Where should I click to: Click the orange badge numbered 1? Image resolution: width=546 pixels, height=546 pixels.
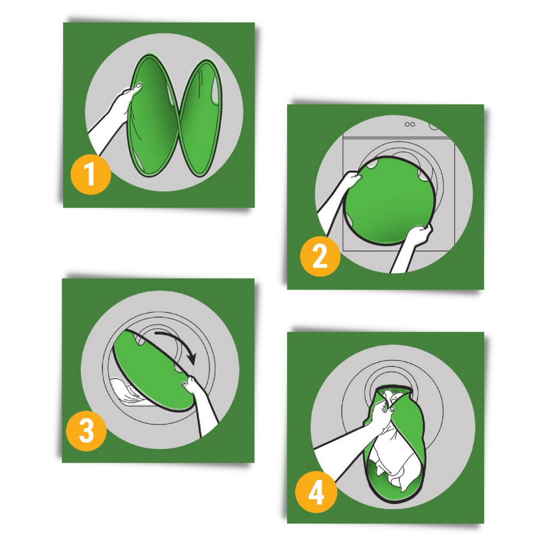[91, 175]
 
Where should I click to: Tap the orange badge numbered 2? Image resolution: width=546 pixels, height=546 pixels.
[320, 257]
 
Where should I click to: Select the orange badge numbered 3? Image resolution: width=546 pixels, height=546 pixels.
[86, 431]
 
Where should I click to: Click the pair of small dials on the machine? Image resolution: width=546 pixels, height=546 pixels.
[410, 124]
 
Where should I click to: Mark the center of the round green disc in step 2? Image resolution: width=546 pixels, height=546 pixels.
[389, 200]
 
